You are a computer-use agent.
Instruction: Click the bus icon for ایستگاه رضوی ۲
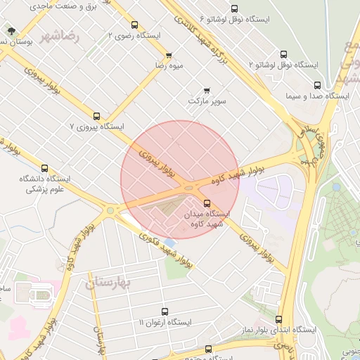pos(134,25)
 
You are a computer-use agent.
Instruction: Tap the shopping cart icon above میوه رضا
pos(169,56)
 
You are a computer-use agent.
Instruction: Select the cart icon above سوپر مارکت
pos(207,91)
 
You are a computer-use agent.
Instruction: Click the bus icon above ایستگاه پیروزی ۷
pos(96,116)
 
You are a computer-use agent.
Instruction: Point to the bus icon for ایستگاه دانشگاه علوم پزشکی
pos(45,169)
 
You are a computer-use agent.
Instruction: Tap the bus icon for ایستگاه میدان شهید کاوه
pos(206,203)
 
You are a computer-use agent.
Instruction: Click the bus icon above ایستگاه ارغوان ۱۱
pos(165,311)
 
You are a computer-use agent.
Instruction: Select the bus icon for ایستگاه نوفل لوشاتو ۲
pos(283,54)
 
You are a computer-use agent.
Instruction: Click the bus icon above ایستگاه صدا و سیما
pos(316,85)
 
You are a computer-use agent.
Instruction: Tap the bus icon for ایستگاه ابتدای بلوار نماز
pos(279,319)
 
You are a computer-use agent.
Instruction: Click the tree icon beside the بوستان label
pos(11,31)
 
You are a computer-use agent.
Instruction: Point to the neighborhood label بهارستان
pos(108,283)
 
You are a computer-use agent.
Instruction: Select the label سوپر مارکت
pos(207,101)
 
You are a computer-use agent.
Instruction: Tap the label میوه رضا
pos(169,65)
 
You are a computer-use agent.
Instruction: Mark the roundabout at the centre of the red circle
pos(188,188)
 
